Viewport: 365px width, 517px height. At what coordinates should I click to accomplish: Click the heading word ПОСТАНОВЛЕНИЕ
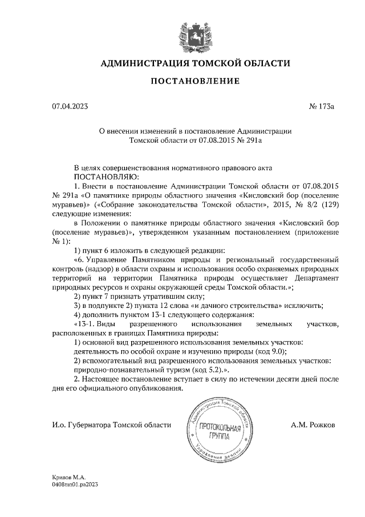tap(194, 81)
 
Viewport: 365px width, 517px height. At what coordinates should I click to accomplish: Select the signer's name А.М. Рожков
tap(313, 425)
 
